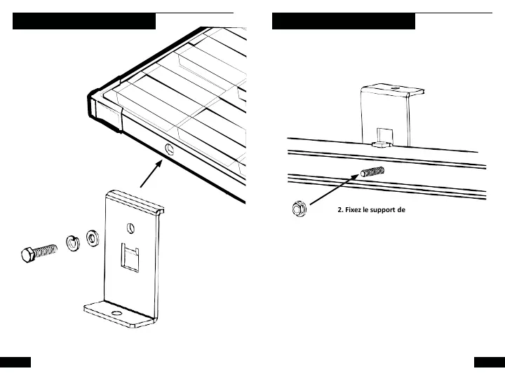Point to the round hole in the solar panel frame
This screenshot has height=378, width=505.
(168, 148)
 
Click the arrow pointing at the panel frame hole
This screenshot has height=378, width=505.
(151, 174)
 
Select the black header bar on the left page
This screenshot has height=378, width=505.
(84, 22)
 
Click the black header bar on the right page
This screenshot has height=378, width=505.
(344, 22)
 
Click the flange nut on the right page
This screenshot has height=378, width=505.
(297, 208)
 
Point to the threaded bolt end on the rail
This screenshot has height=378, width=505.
(371, 172)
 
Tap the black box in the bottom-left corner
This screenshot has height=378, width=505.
(15, 362)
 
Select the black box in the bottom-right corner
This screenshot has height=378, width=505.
(490, 362)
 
